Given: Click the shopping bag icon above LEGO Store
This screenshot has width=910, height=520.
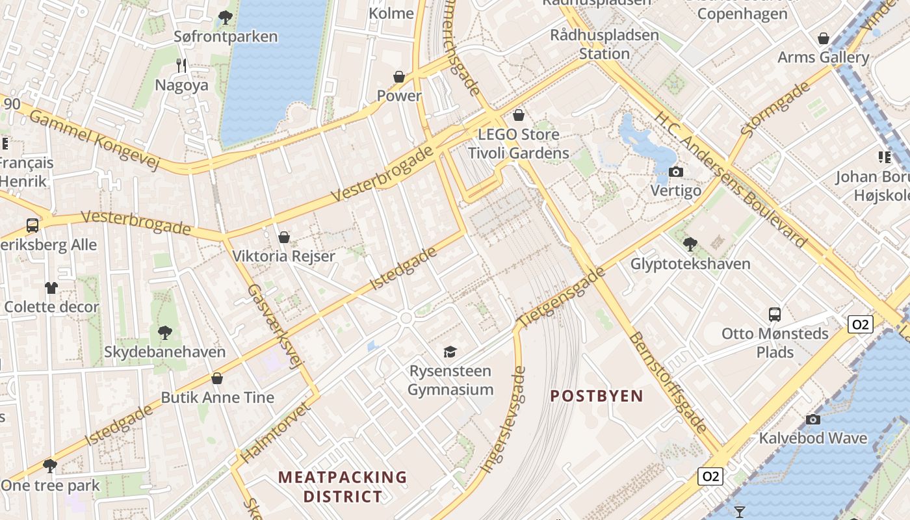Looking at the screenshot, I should pyautogui.click(x=519, y=116).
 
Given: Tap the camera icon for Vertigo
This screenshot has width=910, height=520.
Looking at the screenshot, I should pyautogui.click(x=676, y=172).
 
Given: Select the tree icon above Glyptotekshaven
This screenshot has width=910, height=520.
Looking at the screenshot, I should pyautogui.click(x=690, y=244).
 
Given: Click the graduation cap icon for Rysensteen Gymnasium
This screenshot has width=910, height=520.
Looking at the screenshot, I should pyautogui.click(x=450, y=352).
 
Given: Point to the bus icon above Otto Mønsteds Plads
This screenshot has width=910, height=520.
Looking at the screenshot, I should pyautogui.click(x=775, y=315).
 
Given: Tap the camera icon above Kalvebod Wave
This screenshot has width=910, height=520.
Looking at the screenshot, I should pyautogui.click(x=812, y=419).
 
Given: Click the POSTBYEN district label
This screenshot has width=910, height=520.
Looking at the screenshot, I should pyautogui.click(x=597, y=396).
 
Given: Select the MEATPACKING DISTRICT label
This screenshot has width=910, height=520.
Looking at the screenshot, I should pyautogui.click(x=343, y=487).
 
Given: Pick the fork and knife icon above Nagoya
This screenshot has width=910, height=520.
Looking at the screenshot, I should pyautogui.click(x=181, y=65).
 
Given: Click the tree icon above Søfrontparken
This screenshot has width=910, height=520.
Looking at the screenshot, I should pyautogui.click(x=226, y=18).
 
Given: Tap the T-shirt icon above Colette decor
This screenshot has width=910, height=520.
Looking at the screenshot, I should pyautogui.click(x=51, y=287).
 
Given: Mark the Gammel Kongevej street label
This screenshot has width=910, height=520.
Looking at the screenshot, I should pyautogui.click(x=95, y=139).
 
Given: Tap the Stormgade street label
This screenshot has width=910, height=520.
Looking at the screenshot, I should pyautogui.click(x=776, y=109).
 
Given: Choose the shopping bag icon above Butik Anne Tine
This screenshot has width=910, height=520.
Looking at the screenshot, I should pyautogui.click(x=217, y=378).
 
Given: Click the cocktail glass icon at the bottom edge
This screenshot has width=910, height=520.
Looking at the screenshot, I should pyautogui.click(x=740, y=512).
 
